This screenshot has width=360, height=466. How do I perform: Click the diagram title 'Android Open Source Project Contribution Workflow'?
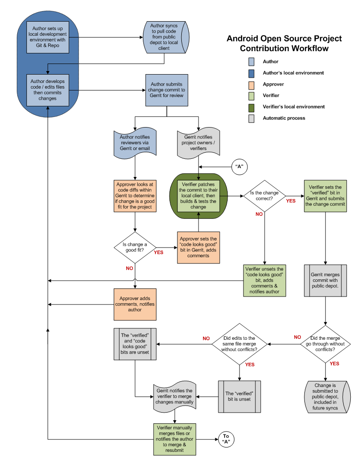[284, 43]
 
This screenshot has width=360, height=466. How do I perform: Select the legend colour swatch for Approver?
[251, 84]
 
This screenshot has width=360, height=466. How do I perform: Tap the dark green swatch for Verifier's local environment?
[251, 107]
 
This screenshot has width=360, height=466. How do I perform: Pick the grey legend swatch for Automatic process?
[251, 118]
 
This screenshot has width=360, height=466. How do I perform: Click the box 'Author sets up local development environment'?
[48, 37]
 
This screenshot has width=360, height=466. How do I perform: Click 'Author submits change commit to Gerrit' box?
[167, 90]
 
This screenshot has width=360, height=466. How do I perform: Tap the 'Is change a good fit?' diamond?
[134, 248]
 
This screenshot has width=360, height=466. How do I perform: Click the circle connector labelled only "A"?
[239, 166]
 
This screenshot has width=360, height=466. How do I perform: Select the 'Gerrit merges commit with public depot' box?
[325, 280]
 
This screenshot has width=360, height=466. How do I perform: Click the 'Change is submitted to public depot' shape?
[326, 397]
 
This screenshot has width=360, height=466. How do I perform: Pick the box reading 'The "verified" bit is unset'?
[240, 396]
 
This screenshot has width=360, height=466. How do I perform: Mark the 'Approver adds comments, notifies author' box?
[135, 304]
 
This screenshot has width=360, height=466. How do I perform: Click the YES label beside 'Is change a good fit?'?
[158, 252]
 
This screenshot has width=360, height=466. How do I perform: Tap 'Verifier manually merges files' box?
[175, 439]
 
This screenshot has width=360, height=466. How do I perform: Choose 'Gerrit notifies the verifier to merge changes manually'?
[175, 396]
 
